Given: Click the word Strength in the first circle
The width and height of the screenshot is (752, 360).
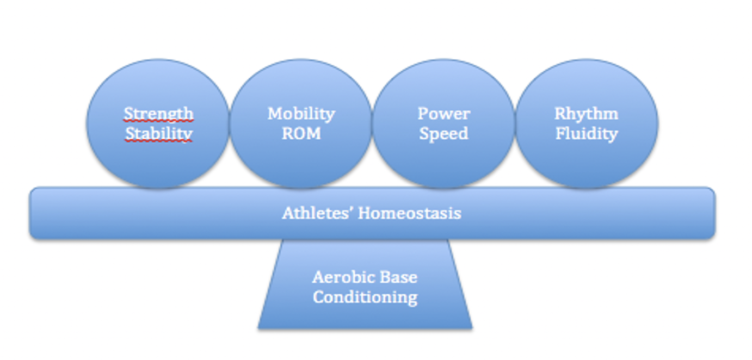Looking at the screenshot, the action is (158, 114).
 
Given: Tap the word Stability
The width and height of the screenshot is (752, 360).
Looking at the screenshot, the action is (158, 133).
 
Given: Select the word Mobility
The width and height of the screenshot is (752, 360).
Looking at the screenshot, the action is (301, 114).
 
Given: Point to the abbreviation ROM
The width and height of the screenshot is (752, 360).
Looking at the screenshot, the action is (301, 133).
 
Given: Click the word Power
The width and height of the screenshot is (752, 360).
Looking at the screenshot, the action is (443, 114).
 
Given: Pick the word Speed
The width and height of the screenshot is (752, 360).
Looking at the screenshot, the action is (443, 133).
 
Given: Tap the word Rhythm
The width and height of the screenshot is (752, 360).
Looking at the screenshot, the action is (586, 114).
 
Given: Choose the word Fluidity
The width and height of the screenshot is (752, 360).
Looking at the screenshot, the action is (586, 133).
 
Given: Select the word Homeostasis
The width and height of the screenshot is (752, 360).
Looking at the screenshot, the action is (409, 213).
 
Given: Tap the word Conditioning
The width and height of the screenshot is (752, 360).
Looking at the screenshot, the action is (365, 297).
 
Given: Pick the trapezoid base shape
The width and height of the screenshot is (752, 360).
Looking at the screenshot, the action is (365, 315).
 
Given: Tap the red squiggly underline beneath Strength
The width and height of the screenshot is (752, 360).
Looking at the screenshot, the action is (158, 122).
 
